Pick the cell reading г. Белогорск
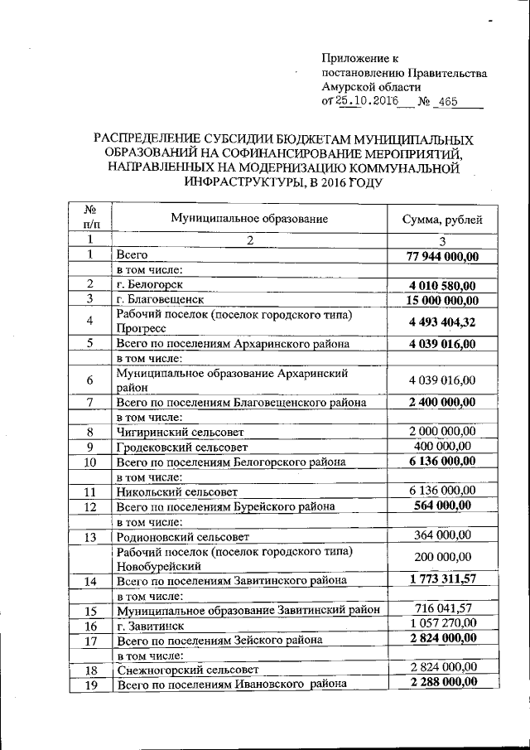150,284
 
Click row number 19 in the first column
91,684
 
